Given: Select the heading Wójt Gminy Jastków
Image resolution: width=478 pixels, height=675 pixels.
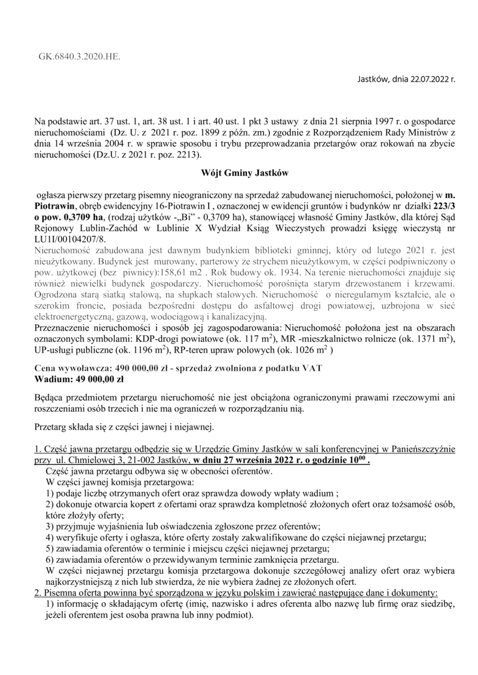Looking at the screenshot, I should point(244,173).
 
